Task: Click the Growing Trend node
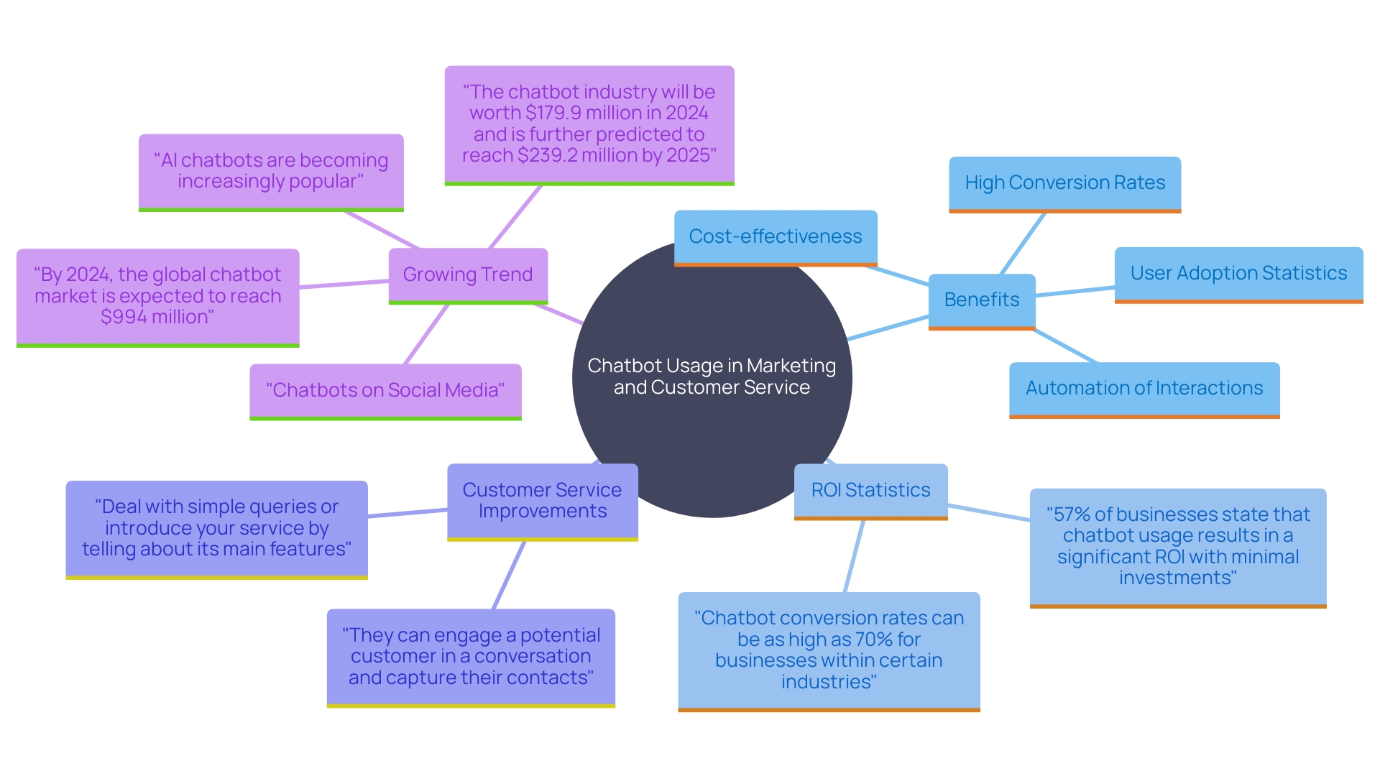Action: (468, 274)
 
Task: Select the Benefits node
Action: (982, 300)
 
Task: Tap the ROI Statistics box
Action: (870, 490)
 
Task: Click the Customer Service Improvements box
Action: (542, 500)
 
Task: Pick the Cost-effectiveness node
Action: (775, 236)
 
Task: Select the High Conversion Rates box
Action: (1064, 183)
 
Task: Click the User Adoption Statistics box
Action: (1238, 273)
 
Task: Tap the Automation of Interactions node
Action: (1144, 388)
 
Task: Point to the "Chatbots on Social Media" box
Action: (385, 390)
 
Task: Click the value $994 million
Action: (157, 317)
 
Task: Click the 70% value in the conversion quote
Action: (869, 639)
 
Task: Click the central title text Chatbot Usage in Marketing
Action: (712, 366)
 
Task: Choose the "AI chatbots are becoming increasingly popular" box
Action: (271, 171)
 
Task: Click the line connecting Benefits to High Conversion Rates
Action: (1022, 244)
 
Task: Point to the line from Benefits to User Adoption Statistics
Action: (1075, 292)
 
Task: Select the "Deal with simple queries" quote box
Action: (216, 528)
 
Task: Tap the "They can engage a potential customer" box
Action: (471, 656)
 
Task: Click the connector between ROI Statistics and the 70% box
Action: (854, 556)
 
